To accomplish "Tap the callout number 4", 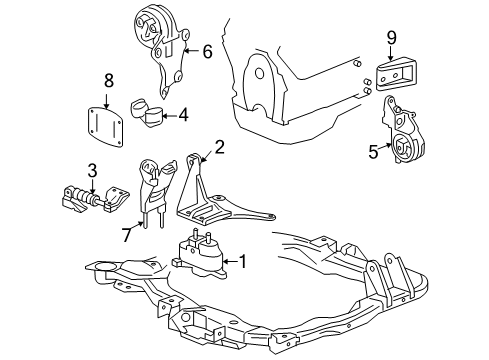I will point(183,115).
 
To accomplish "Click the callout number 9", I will point(392,40).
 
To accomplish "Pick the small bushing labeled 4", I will point(147,112).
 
